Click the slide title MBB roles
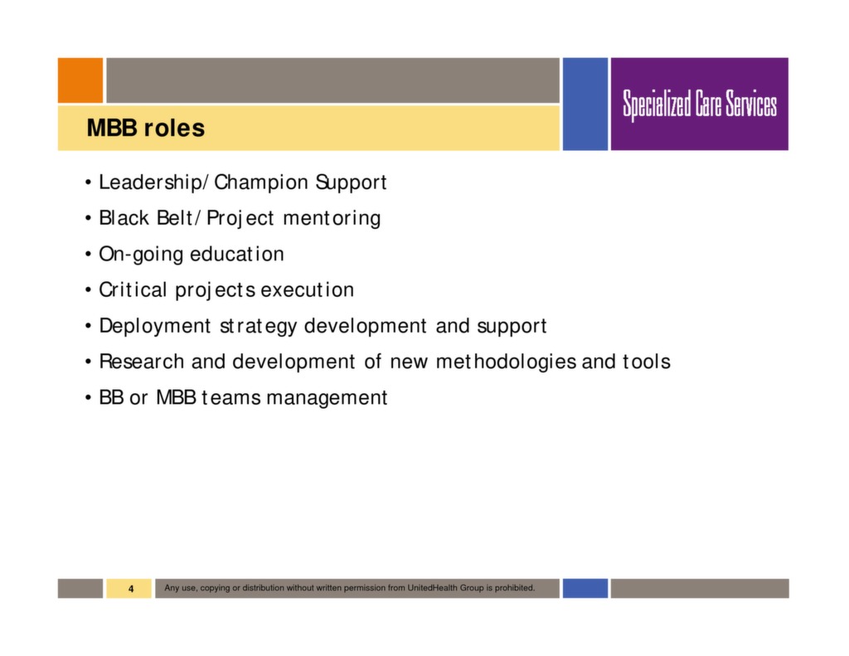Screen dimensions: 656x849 145,129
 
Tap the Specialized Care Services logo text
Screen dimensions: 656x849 700,105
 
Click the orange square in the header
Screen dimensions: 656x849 80,80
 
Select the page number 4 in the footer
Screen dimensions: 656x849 130,589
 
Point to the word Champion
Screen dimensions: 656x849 258,182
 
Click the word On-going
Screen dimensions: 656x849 141,254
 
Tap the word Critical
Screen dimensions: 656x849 133,290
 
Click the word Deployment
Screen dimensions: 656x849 154,326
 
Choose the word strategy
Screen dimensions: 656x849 258,327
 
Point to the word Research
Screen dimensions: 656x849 142,362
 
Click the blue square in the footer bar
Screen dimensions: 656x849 585,588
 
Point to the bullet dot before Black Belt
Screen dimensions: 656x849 88,219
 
